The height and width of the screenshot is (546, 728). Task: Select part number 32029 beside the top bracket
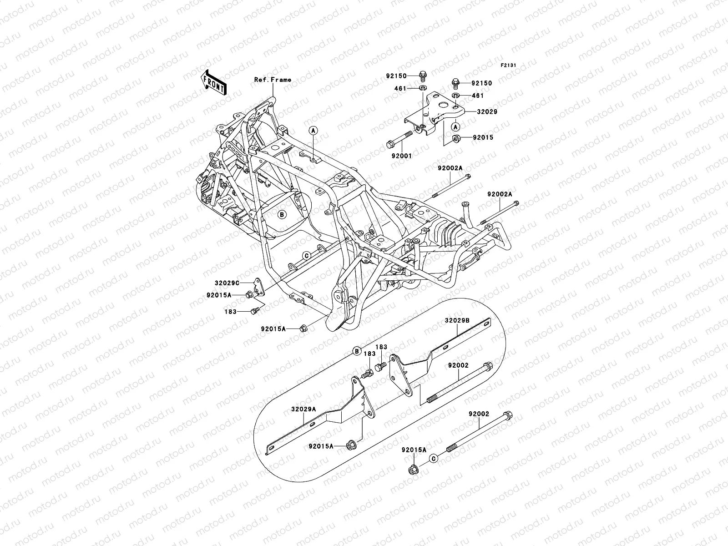click(x=487, y=111)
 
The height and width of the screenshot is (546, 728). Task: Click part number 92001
click(x=401, y=156)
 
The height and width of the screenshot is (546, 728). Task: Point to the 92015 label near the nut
click(x=483, y=137)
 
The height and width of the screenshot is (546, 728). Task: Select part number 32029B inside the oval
click(x=457, y=320)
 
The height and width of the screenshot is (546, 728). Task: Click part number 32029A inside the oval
click(x=303, y=409)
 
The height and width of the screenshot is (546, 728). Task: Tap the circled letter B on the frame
click(x=282, y=214)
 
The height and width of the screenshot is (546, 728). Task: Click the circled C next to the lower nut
click(x=434, y=458)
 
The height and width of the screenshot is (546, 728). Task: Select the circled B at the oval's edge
click(x=357, y=350)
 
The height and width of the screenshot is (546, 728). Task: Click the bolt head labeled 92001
click(x=390, y=145)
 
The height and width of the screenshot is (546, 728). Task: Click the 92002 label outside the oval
click(x=479, y=414)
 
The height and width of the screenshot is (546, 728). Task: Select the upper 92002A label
click(x=450, y=168)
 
